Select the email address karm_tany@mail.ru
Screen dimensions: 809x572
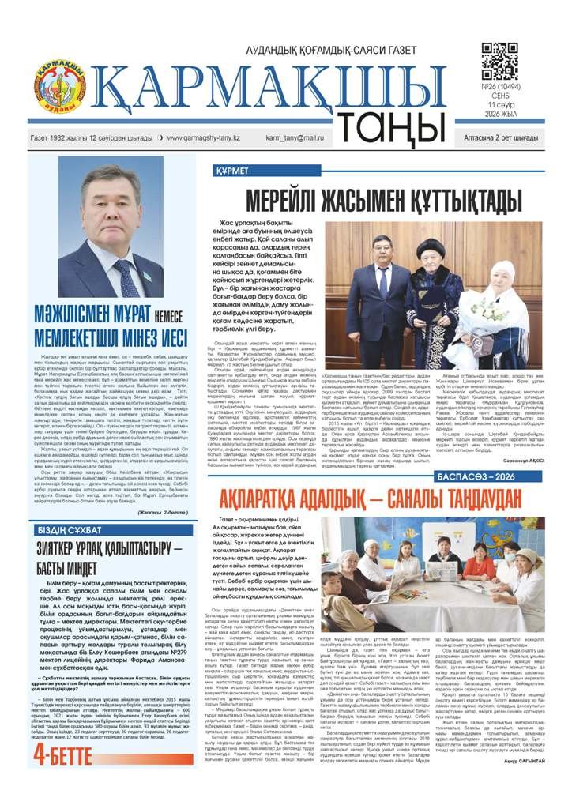point(295,137)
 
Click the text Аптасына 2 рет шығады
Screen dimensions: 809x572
point(501,137)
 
